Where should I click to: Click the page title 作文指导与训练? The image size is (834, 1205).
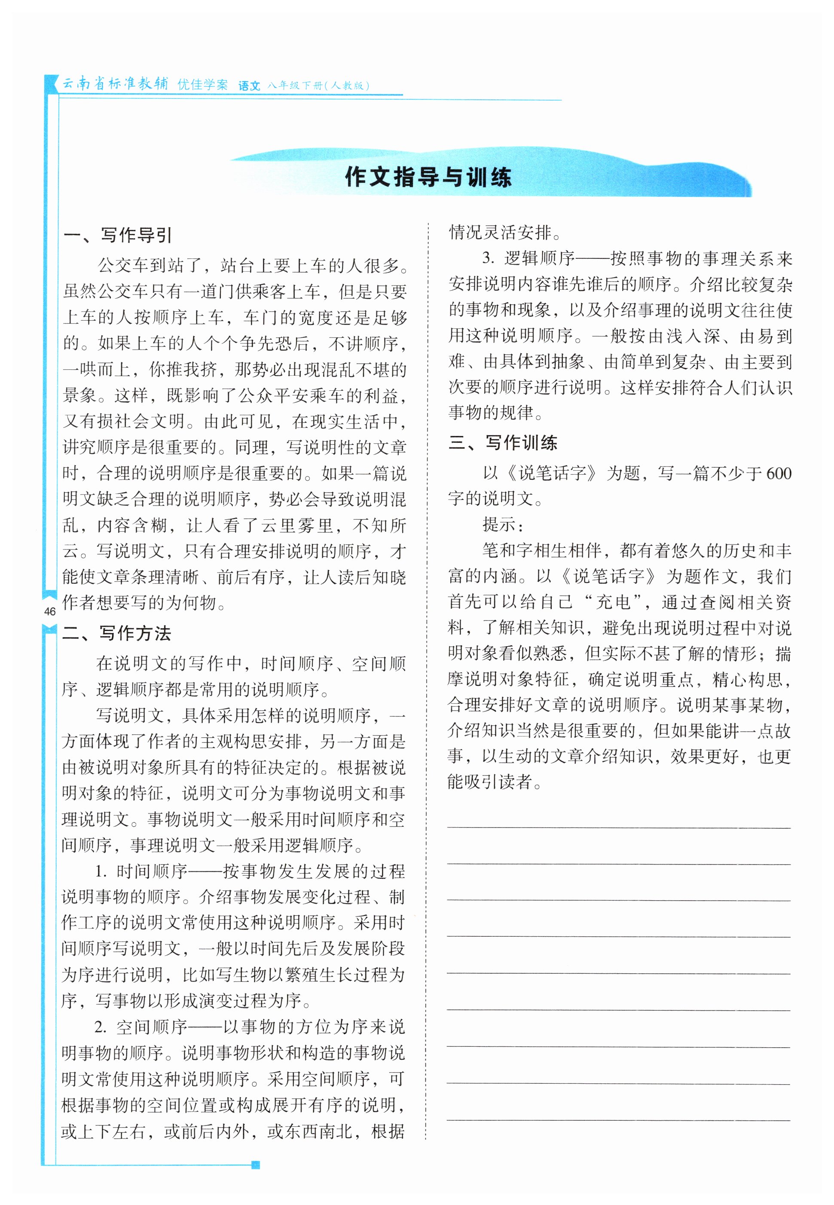(x=428, y=177)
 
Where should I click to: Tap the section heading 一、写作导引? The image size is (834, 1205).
(x=118, y=235)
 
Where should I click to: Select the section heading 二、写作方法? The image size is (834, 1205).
(x=116, y=633)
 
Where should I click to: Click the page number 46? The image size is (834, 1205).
(x=50, y=611)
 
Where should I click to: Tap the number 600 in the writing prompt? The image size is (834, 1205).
(x=778, y=474)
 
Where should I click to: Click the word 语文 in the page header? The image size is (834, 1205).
(x=249, y=86)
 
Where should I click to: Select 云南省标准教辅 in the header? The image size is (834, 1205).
(x=116, y=84)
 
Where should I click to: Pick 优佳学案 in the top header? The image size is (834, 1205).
(x=203, y=85)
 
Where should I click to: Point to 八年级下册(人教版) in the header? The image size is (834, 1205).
(x=318, y=86)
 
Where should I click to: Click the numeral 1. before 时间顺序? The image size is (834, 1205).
(x=101, y=871)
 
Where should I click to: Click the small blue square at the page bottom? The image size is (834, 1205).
(x=256, y=1164)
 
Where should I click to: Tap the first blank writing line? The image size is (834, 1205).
(x=618, y=827)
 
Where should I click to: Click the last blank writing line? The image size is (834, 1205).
(x=618, y=1120)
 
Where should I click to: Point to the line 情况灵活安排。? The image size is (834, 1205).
(x=505, y=232)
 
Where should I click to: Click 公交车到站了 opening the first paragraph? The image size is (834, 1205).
(x=149, y=266)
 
